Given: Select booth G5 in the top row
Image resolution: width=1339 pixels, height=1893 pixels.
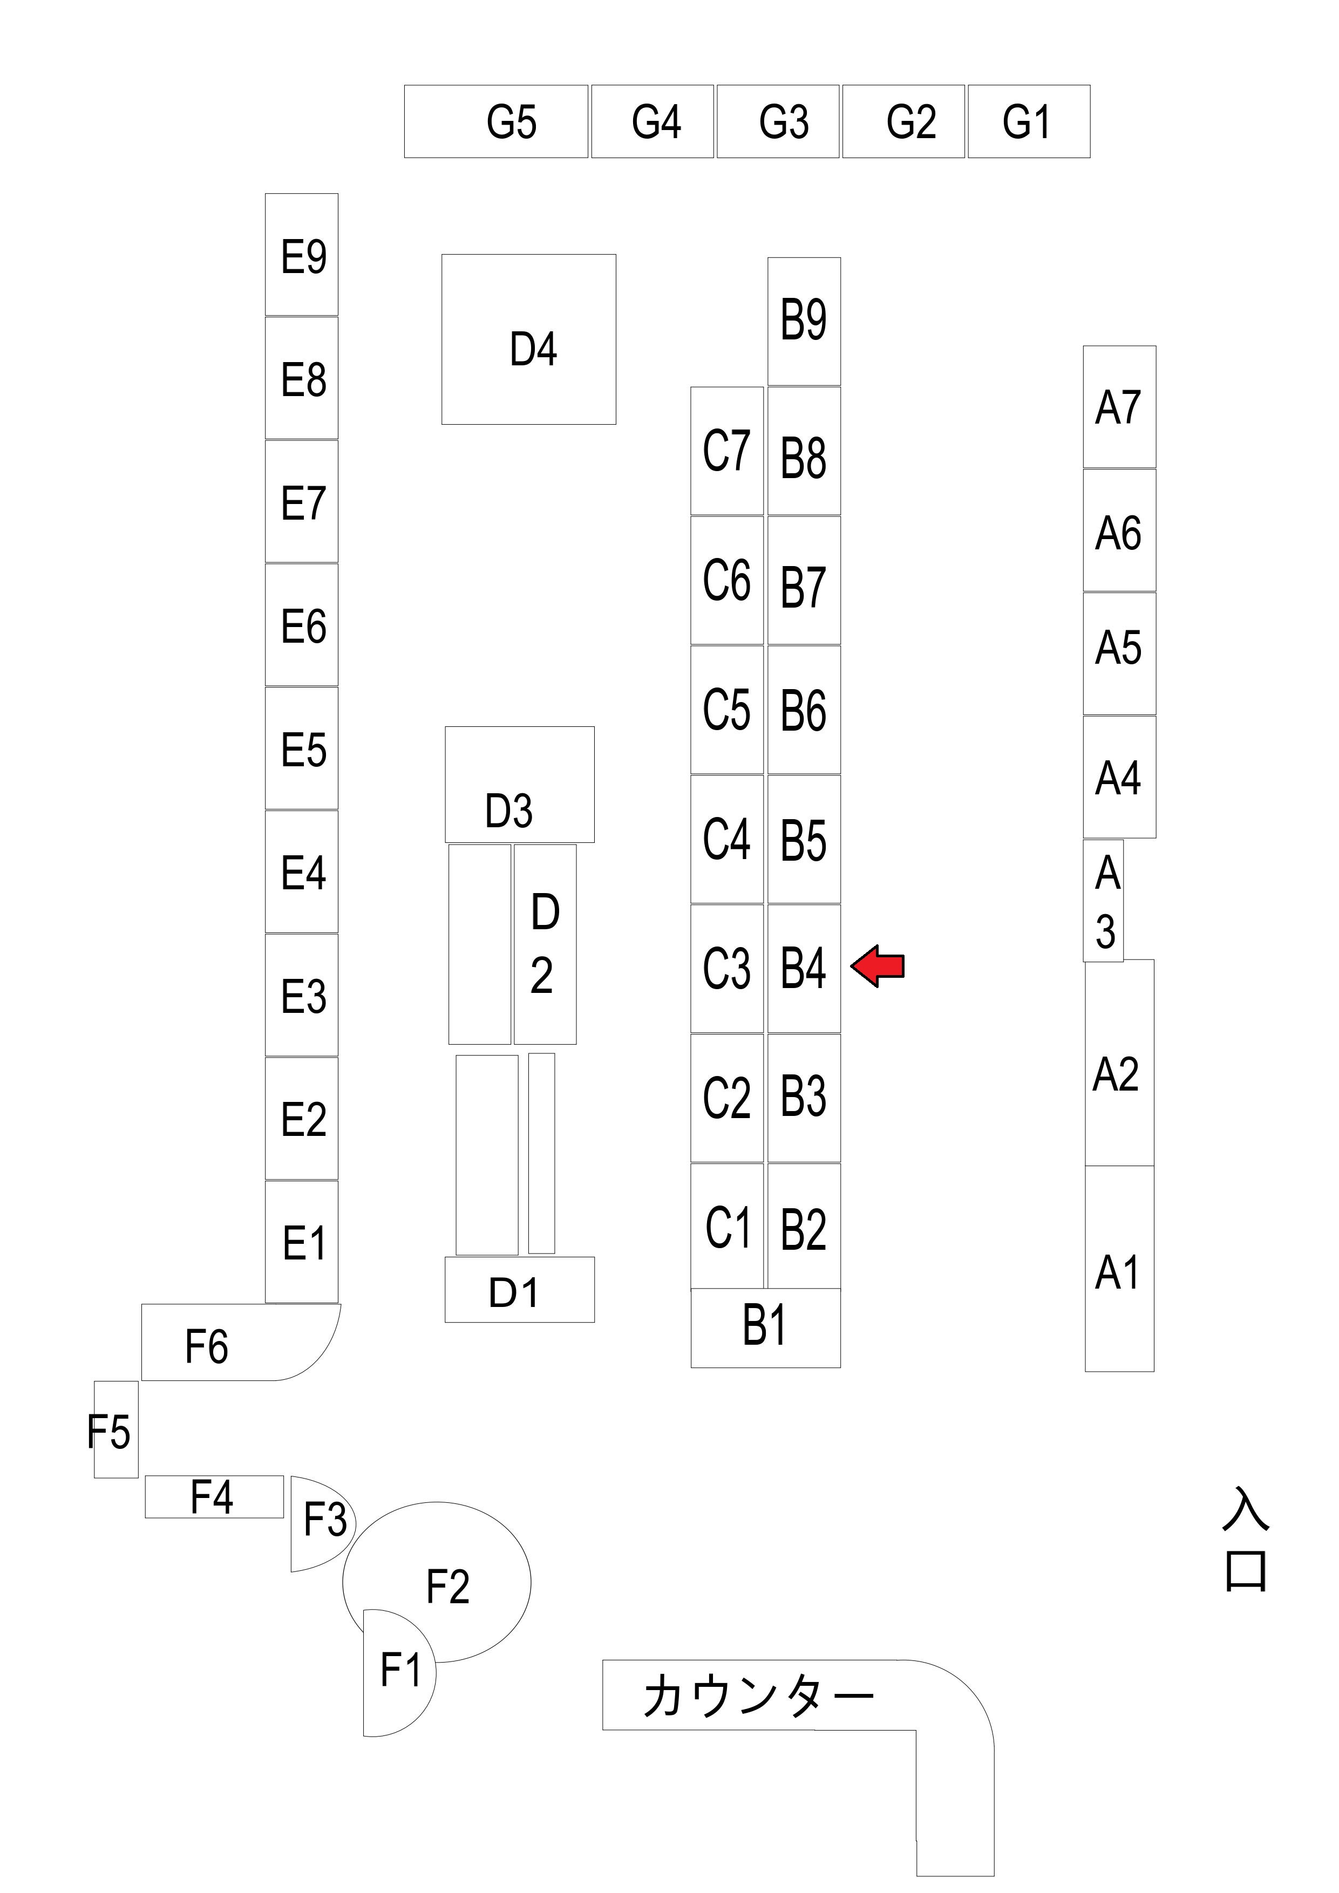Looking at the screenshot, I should [497, 121].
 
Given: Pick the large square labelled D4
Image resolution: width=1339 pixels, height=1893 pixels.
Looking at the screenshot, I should [528, 339].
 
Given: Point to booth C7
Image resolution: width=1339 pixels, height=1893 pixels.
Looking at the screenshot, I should [726, 451].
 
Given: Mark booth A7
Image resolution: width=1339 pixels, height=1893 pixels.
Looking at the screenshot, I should [1119, 407].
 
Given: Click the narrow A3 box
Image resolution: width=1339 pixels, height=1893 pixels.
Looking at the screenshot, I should [1103, 900].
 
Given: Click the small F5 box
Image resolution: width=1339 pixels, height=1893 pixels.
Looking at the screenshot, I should [115, 1431].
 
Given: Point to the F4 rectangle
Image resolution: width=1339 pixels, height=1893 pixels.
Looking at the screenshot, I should [214, 1496].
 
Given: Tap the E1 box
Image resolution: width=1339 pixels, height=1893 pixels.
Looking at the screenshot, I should [302, 1242].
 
